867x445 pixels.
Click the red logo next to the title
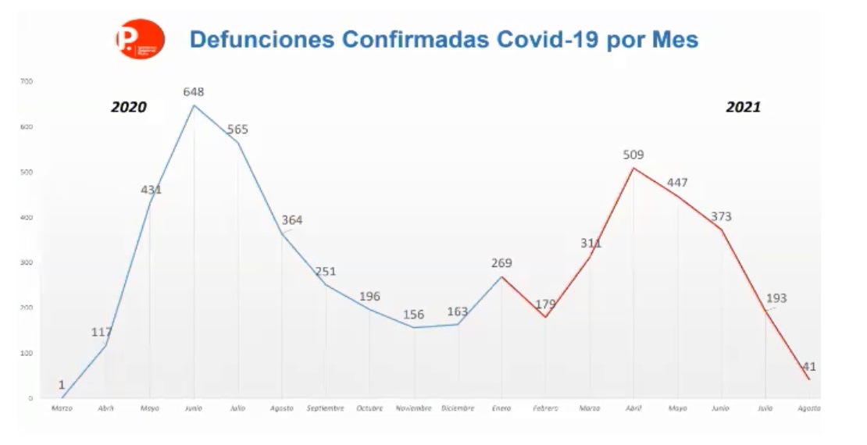[x=140, y=39]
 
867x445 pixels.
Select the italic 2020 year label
[x=128, y=107]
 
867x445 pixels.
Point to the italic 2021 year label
[x=743, y=107]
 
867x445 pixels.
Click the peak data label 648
[x=193, y=91]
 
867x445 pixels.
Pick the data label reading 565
[x=237, y=129]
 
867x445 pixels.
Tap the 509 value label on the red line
[x=633, y=155]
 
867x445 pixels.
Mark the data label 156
[x=413, y=315]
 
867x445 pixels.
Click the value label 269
[x=501, y=263]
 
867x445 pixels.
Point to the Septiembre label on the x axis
[x=325, y=408]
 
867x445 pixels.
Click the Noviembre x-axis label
[x=413, y=408]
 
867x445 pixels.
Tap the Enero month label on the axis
[x=501, y=408]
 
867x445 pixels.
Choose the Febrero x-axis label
[x=545, y=408]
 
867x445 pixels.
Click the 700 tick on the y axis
[x=27, y=81]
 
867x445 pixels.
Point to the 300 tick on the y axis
[x=27, y=262]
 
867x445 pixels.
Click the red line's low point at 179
[x=545, y=316]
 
